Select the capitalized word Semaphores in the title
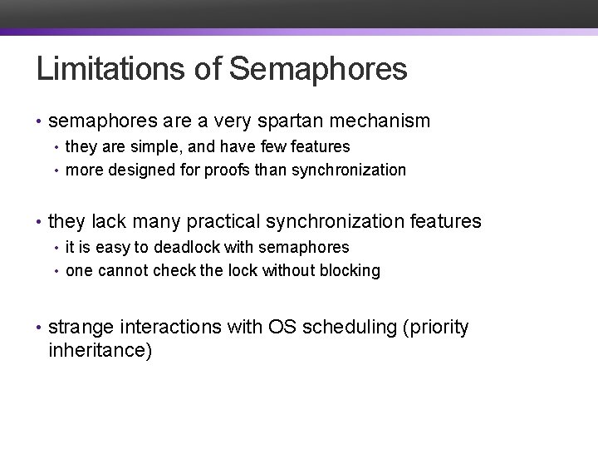pyautogui.click(x=318, y=70)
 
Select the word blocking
pyautogui.click(x=347, y=271)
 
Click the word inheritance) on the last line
pyautogui.click(x=100, y=351)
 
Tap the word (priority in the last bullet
pyautogui.click(x=435, y=328)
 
